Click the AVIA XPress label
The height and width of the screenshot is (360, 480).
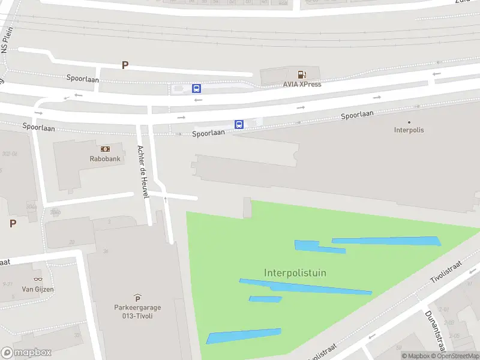[302, 84]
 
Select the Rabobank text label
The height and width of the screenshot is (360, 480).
[105, 159]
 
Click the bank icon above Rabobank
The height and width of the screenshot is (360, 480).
[105, 149]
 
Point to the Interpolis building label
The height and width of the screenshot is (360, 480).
[409, 130]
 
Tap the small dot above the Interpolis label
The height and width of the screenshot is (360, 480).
[409, 122]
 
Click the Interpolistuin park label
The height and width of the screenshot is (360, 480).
[295, 273]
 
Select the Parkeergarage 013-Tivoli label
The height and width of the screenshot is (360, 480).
[137, 312]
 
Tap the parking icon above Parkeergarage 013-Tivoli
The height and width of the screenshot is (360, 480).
[137, 298]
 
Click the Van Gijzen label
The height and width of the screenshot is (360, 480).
[38, 289]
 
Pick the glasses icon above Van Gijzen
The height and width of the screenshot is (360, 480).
[38, 279]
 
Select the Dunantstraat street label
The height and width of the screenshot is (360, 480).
[437, 334]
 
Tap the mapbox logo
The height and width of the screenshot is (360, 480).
[26, 353]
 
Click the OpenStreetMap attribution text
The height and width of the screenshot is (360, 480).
[455, 356]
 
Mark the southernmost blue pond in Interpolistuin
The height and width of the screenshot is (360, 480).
[244, 336]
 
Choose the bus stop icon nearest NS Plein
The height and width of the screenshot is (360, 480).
[196, 88]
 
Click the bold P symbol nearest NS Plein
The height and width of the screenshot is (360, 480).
[125, 65]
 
